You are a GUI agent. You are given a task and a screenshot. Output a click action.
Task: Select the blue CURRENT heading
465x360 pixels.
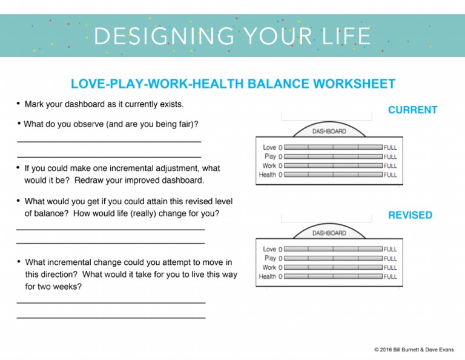[x=412, y=110]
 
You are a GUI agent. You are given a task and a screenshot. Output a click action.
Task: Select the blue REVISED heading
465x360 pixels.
[x=410, y=215]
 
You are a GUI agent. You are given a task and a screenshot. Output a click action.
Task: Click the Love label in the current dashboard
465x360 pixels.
[x=269, y=147]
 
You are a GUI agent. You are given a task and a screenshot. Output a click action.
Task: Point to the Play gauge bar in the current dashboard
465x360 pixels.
[x=333, y=156]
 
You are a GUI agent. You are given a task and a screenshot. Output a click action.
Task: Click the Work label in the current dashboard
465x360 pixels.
[x=269, y=165]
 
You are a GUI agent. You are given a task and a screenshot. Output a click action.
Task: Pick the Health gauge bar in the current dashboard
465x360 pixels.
[x=333, y=175]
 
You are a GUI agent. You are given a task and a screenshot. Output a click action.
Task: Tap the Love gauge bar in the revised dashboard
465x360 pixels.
[x=333, y=249]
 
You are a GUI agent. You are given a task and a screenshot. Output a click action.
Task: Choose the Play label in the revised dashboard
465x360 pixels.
[x=269, y=258]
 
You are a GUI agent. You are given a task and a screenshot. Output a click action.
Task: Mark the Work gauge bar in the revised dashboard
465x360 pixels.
[x=333, y=267]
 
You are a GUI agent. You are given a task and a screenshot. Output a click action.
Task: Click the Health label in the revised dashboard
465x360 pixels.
[x=267, y=276]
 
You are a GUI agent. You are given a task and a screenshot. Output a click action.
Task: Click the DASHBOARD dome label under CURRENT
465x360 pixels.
[x=329, y=132]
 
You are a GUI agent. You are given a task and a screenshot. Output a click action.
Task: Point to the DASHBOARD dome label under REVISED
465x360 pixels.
[x=329, y=233]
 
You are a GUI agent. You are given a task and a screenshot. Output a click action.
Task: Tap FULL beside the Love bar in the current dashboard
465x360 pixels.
[x=391, y=147]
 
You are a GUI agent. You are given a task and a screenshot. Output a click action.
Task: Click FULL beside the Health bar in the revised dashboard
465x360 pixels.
[x=391, y=276]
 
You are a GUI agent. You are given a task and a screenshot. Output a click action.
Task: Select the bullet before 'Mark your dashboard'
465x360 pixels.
[x=19, y=104]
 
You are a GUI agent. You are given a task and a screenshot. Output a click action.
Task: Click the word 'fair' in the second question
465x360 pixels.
[x=182, y=124]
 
